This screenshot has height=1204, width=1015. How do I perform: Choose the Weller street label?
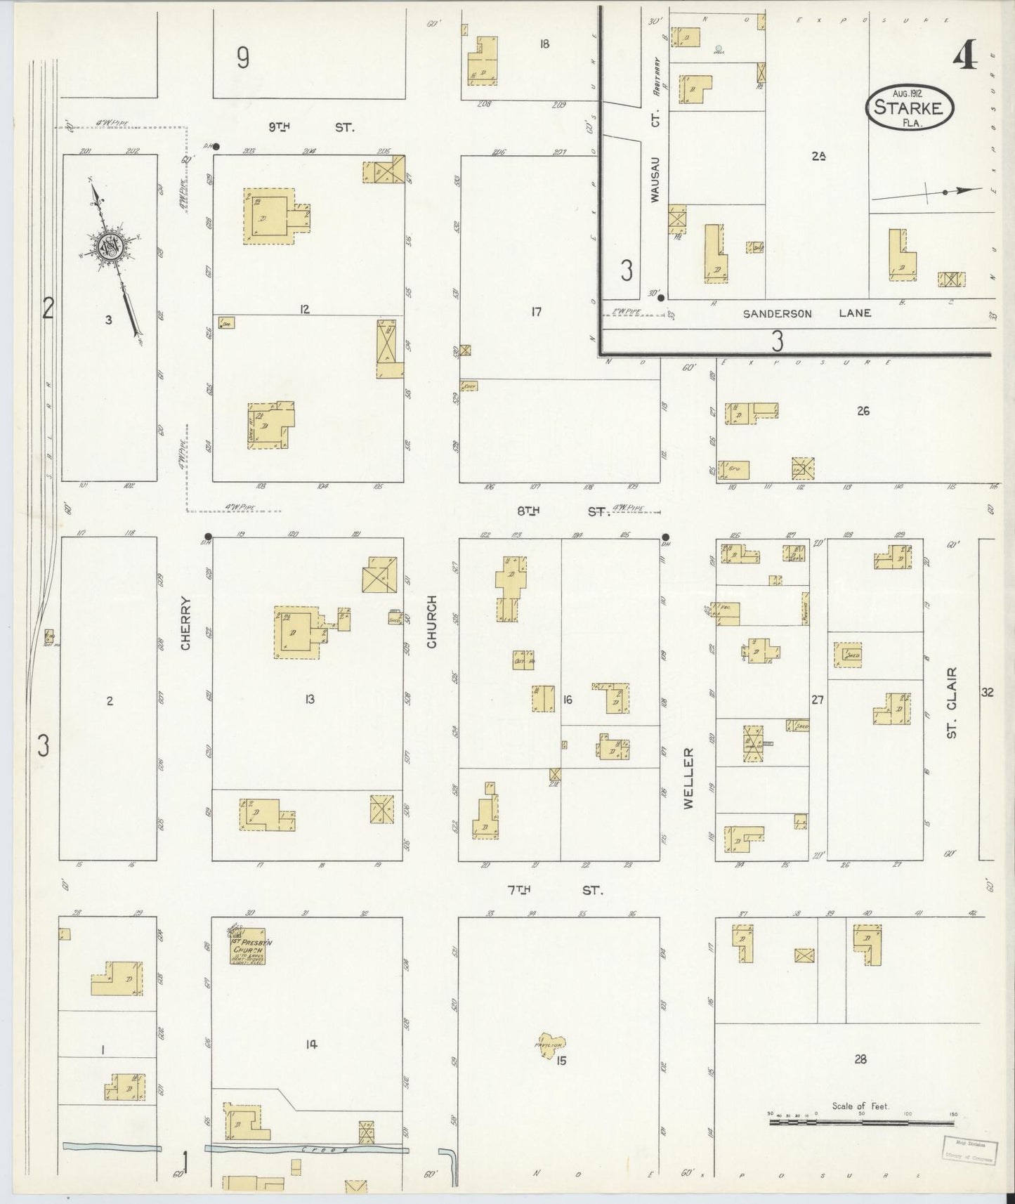tap(688, 778)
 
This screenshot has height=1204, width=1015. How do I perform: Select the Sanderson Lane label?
tap(807, 313)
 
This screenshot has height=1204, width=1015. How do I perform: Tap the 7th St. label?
tap(555, 890)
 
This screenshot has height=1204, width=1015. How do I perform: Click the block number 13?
tap(309, 699)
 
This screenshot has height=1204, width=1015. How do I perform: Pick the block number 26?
tap(863, 411)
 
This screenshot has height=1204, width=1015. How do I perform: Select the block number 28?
tap(860, 1059)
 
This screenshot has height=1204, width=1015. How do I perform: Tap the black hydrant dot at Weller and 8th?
tap(665, 539)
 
